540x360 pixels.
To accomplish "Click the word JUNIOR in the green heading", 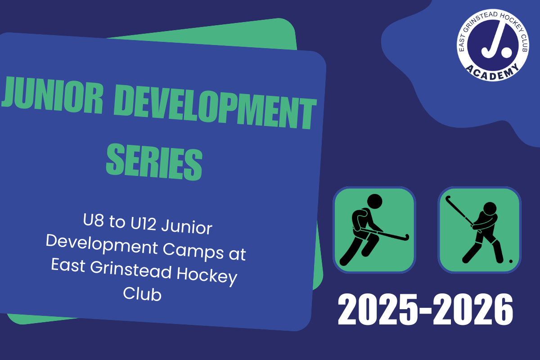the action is [x=53, y=95].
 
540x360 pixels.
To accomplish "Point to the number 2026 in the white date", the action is [x=473, y=310].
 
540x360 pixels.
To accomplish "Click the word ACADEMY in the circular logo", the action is [x=492, y=72].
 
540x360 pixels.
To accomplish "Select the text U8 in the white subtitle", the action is [x=94, y=220].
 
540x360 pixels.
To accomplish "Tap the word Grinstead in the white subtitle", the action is [x=130, y=270].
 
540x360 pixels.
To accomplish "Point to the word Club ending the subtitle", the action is [x=142, y=294].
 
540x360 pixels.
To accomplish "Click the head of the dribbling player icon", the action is [x=374, y=201].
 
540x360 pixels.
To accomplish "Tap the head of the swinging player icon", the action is [x=490, y=208].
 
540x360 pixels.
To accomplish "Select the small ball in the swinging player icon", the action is [x=511, y=261].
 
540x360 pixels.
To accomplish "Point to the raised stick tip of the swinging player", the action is [x=448, y=198].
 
